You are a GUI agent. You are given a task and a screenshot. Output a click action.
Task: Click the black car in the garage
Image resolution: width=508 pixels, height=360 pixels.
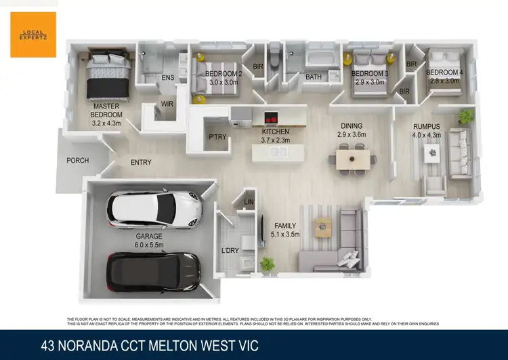point(154,270)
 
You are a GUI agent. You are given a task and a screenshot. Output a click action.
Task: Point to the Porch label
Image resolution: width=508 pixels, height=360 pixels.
point(77,161)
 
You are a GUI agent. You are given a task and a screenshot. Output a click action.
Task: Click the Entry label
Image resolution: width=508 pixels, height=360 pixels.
point(141,162)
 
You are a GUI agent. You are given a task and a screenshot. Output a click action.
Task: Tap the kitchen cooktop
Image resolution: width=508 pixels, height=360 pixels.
point(271,117)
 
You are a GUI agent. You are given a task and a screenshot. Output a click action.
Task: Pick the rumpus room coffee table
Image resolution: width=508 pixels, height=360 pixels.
point(432,154)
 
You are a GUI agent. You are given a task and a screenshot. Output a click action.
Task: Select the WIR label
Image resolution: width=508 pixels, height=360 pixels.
point(167,104)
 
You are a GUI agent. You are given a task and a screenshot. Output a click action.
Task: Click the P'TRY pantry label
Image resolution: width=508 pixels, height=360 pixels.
point(217,138)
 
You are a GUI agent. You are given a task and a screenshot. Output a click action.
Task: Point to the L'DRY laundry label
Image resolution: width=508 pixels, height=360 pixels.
point(231,252)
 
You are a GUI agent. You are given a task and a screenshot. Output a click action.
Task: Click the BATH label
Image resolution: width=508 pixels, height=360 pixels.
point(313,77)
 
